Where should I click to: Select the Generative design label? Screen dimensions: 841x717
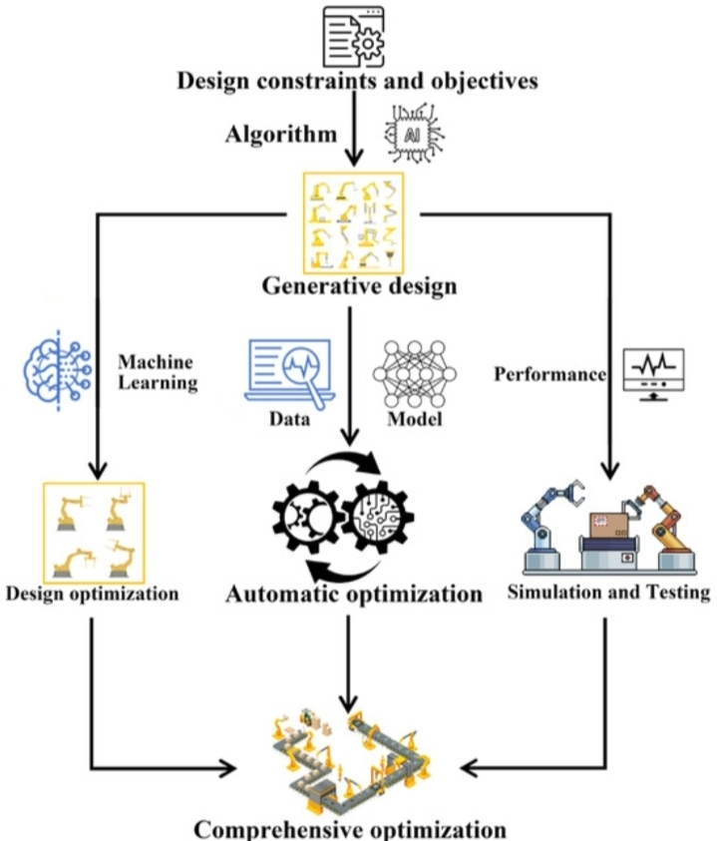[x=359, y=287]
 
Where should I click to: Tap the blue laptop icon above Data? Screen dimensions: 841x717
[x=288, y=371]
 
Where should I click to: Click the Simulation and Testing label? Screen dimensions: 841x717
[x=608, y=594]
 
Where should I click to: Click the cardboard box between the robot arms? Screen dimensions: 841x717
[x=606, y=525]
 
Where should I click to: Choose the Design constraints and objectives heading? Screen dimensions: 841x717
[x=358, y=81]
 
